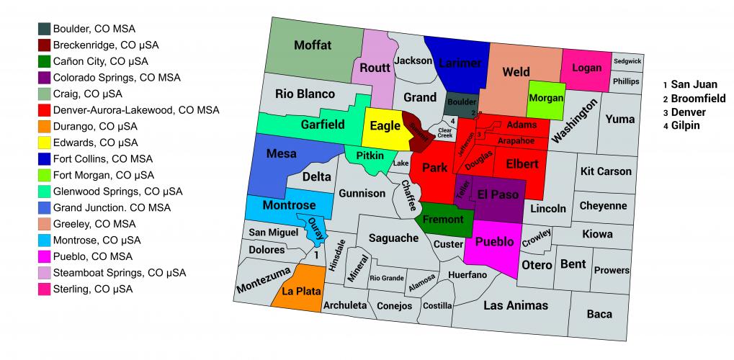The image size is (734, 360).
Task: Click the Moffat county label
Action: (313, 45)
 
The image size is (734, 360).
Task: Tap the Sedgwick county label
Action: (627, 62)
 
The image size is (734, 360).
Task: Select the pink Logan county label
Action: (586, 68)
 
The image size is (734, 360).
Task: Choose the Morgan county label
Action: (545, 98)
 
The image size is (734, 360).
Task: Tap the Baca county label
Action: (599, 314)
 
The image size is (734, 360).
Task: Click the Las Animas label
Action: (516, 305)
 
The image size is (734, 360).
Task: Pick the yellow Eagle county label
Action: (385, 127)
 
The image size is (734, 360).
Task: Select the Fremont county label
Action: (442, 220)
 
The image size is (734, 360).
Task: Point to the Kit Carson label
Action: (605, 171)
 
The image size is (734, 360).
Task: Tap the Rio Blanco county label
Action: (305, 94)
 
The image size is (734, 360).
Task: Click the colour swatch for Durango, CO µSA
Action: (45, 126)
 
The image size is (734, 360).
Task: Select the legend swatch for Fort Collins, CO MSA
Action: (45, 158)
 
